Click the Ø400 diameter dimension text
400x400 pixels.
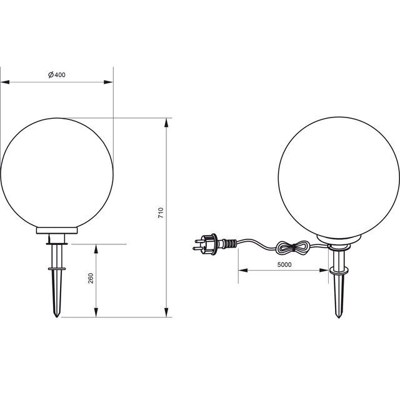click(x=57, y=75)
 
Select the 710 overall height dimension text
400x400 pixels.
click(x=161, y=212)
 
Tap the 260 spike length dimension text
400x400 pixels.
click(x=91, y=279)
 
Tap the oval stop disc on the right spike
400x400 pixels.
click(x=341, y=271)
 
